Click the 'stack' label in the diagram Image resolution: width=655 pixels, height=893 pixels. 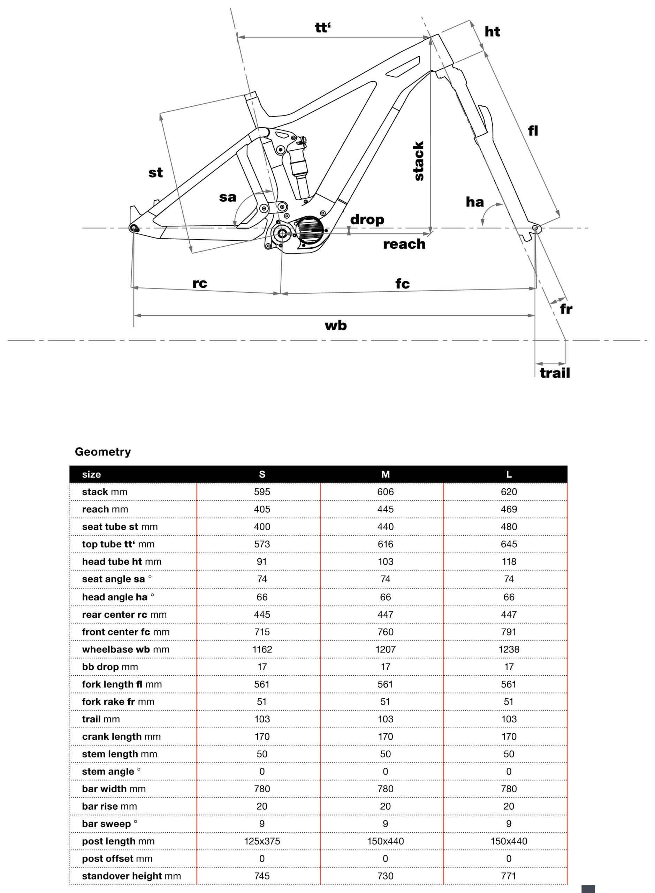(x=418, y=161)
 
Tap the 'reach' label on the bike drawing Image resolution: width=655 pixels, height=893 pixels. (x=404, y=244)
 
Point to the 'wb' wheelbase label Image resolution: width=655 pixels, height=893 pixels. (x=335, y=326)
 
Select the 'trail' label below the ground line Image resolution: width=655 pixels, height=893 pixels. (x=555, y=373)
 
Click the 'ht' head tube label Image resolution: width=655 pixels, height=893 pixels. (x=492, y=32)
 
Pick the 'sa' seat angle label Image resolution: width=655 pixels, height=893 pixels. (x=228, y=197)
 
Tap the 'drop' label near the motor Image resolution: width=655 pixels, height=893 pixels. (x=367, y=219)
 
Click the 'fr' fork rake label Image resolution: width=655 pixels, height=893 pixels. (x=566, y=309)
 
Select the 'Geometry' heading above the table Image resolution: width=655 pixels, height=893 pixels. (x=103, y=452)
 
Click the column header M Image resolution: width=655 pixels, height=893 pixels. (x=386, y=474)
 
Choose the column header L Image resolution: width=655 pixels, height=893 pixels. (x=509, y=474)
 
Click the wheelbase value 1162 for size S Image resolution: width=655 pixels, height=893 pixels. (x=262, y=650)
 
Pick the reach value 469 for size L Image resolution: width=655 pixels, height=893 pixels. (x=509, y=509)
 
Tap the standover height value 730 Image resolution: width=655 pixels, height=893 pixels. (x=386, y=876)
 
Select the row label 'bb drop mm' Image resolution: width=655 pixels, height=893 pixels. (x=110, y=667)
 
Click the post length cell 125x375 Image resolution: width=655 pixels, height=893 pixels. (x=262, y=841)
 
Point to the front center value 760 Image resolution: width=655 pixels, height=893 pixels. (x=386, y=632)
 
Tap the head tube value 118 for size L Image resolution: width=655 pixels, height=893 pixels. (x=509, y=562)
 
